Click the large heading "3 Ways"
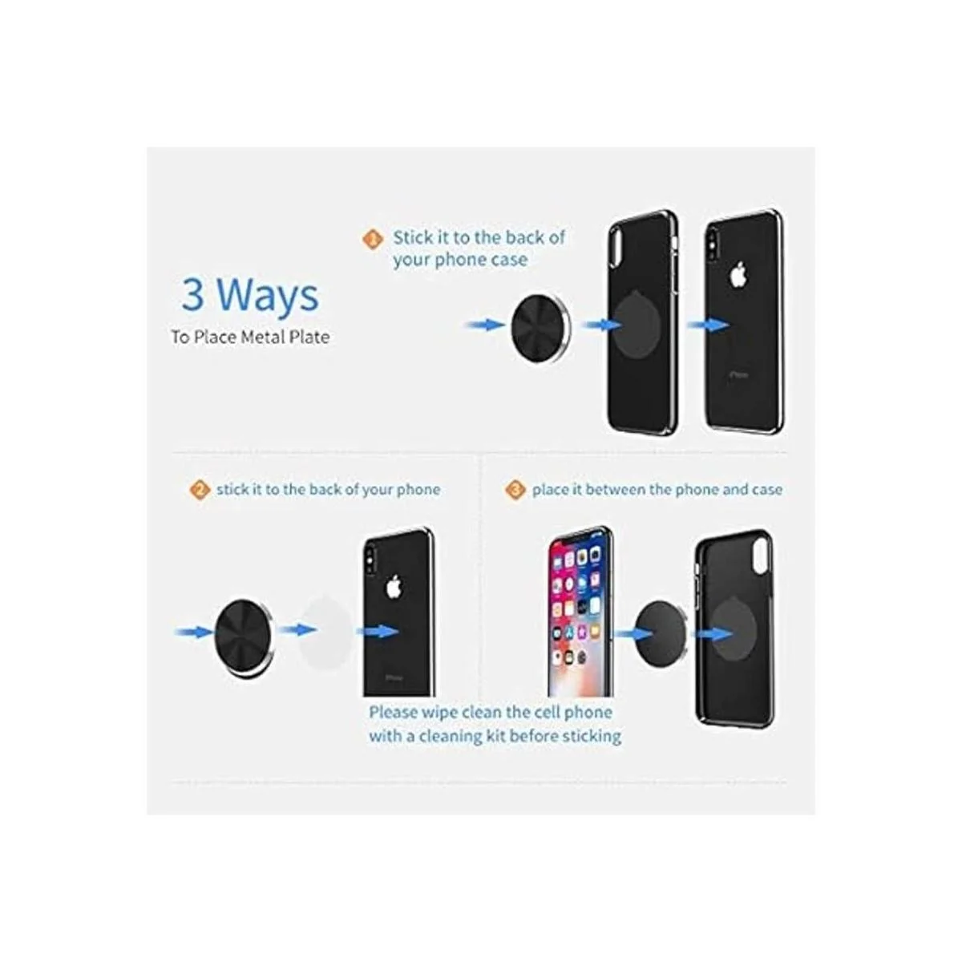click(x=249, y=294)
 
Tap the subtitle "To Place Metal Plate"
click(x=250, y=337)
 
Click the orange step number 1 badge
click(x=373, y=239)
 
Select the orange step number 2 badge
click(x=200, y=490)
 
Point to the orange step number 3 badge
click(x=515, y=490)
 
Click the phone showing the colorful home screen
click(x=580, y=611)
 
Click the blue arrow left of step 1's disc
click(x=485, y=325)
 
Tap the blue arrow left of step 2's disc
click(x=194, y=633)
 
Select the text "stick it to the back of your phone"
click(x=329, y=490)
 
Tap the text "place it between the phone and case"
click(x=657, y=490)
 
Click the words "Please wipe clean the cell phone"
click(x=491, y=713)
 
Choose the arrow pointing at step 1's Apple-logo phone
click(x=708, y=325)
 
